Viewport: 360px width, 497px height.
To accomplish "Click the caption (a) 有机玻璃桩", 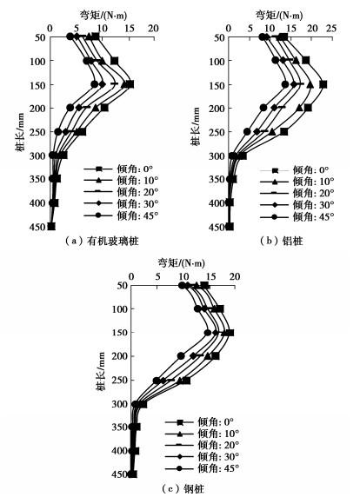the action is click(102, 242).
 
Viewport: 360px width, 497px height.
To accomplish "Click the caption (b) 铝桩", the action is click(282, 242).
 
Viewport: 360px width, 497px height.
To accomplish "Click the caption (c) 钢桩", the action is click(183, 489).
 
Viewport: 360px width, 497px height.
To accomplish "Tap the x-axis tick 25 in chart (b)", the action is click(331, 28).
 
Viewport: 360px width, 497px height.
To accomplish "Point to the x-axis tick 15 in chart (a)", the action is click(130, 28).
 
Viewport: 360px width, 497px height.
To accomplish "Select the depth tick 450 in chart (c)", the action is click(119, 474).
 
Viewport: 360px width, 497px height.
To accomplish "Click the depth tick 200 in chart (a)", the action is click(38, 108).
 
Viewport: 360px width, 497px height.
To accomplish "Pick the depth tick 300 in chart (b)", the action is click(217, 156).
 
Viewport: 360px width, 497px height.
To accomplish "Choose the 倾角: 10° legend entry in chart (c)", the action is click(203, 434).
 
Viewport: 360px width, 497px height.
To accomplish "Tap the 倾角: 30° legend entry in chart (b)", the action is click(297, 205).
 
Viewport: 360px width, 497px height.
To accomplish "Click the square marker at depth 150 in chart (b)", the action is click(323, 84).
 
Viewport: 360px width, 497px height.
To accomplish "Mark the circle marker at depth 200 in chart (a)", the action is click(70, 108).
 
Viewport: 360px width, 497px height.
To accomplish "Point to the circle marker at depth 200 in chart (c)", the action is click(181, 356).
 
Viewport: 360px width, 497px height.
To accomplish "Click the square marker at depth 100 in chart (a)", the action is click(114, 61).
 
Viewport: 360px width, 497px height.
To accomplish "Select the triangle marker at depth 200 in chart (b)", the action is click(299, 108).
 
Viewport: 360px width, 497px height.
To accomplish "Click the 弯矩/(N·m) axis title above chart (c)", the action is click(182, 262).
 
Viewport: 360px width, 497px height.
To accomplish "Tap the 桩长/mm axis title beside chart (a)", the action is click(20, 132).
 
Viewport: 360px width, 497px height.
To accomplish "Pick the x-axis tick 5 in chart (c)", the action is click(157, 276).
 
